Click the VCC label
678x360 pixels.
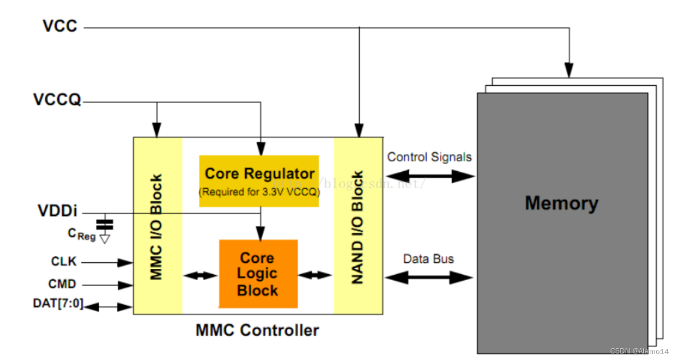tap(59, 26)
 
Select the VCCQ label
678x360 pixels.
tap(57, 101)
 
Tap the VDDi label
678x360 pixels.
tap(58, 211)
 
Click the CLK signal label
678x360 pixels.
tap(64, 262)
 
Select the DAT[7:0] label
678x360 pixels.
tap(58, 304)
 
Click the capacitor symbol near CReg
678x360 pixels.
tap(105, 224)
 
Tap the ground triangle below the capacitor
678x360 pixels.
tap(105, 238)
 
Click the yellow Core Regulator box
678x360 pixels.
tap(259, 181)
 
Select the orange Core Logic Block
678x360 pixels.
tap(258, 274)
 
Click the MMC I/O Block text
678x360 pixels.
tap(157, 226)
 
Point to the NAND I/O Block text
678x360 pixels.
tap(358, 227)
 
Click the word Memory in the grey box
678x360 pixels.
tap(561, 203)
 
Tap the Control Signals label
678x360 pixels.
tap(429, 157)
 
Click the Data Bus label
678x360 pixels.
tap(428, 259)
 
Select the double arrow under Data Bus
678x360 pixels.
tap(429, 276)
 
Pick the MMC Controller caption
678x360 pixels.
tap(257, 330)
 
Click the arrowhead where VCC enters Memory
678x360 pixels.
tap(568, 71)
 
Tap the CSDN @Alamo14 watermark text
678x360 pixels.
tap(639, 351)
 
